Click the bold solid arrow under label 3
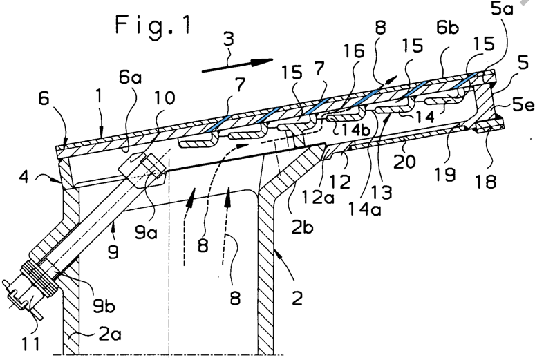pos(238,65)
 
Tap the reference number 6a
pos(130,78)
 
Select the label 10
pos(165,98)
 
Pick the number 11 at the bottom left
pos(30,343)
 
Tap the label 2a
pos(109,334)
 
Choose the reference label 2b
pos(303,227)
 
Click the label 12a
pos(317,197)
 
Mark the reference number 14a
pos(364,209)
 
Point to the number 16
pos(354,51)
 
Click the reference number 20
pos(404,162)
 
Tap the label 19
pos(445,174)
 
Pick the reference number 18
pos(486,181)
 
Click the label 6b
pos(447,28)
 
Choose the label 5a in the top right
pos(502,9)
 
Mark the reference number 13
pos(382,192)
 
